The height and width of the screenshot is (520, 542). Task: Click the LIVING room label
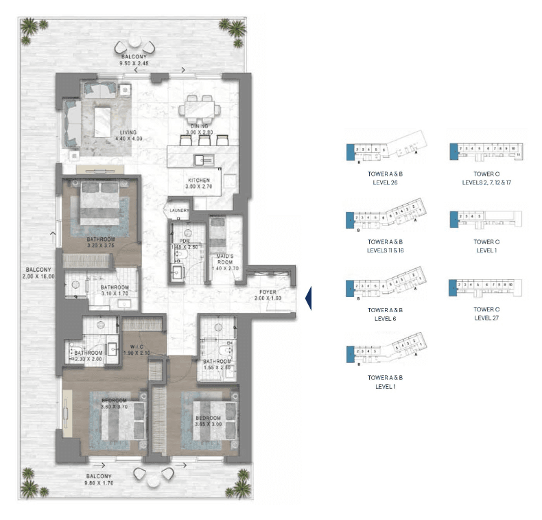127,132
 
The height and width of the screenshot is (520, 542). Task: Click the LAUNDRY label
180,211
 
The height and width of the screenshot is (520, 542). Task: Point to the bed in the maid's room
218,233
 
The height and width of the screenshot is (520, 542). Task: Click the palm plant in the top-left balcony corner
31,27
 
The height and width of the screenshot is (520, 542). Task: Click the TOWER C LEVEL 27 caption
486,314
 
